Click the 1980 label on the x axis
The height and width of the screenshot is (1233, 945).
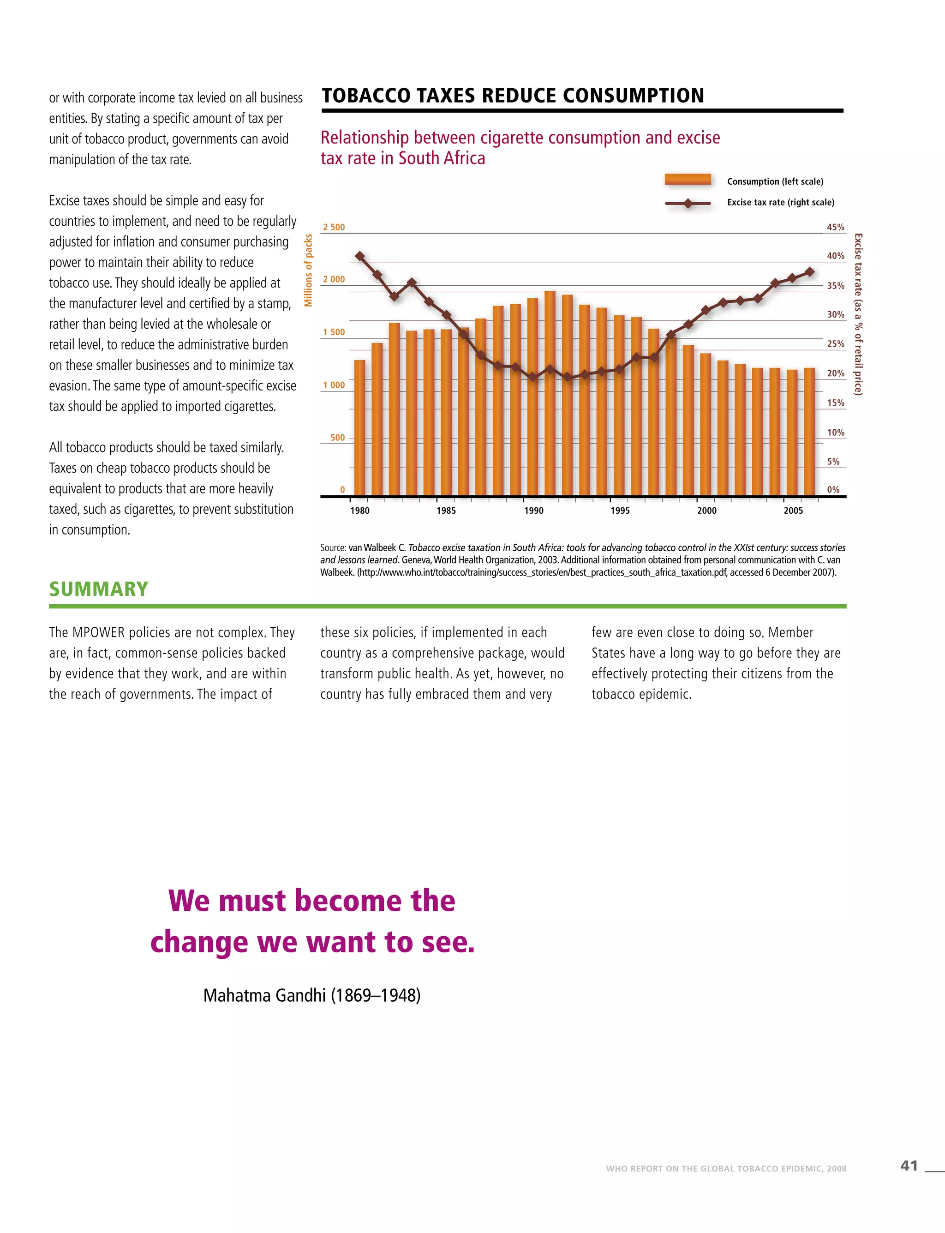[359, 511]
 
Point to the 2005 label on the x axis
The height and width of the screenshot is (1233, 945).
[793, 511]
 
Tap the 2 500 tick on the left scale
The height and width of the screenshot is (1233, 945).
[334, 228]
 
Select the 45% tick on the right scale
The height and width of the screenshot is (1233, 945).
[835, 228]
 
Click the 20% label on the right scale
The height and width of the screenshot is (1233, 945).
[835, 373]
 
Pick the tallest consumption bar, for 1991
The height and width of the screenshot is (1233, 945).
[550, 394]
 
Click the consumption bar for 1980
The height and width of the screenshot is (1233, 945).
[359, 427]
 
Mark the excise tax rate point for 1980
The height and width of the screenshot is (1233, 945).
[360, 257]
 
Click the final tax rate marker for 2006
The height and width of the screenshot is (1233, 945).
[809, 272]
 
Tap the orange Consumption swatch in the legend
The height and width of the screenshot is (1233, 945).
[688, 180]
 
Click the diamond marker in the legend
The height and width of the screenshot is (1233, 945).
[688, 203]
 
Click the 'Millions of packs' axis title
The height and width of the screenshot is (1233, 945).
[308, 270]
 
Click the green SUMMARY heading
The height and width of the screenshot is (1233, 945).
[98, 589]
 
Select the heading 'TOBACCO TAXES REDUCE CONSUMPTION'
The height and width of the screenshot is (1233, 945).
[513, 96]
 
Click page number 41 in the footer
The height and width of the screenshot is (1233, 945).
[909, 1166]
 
